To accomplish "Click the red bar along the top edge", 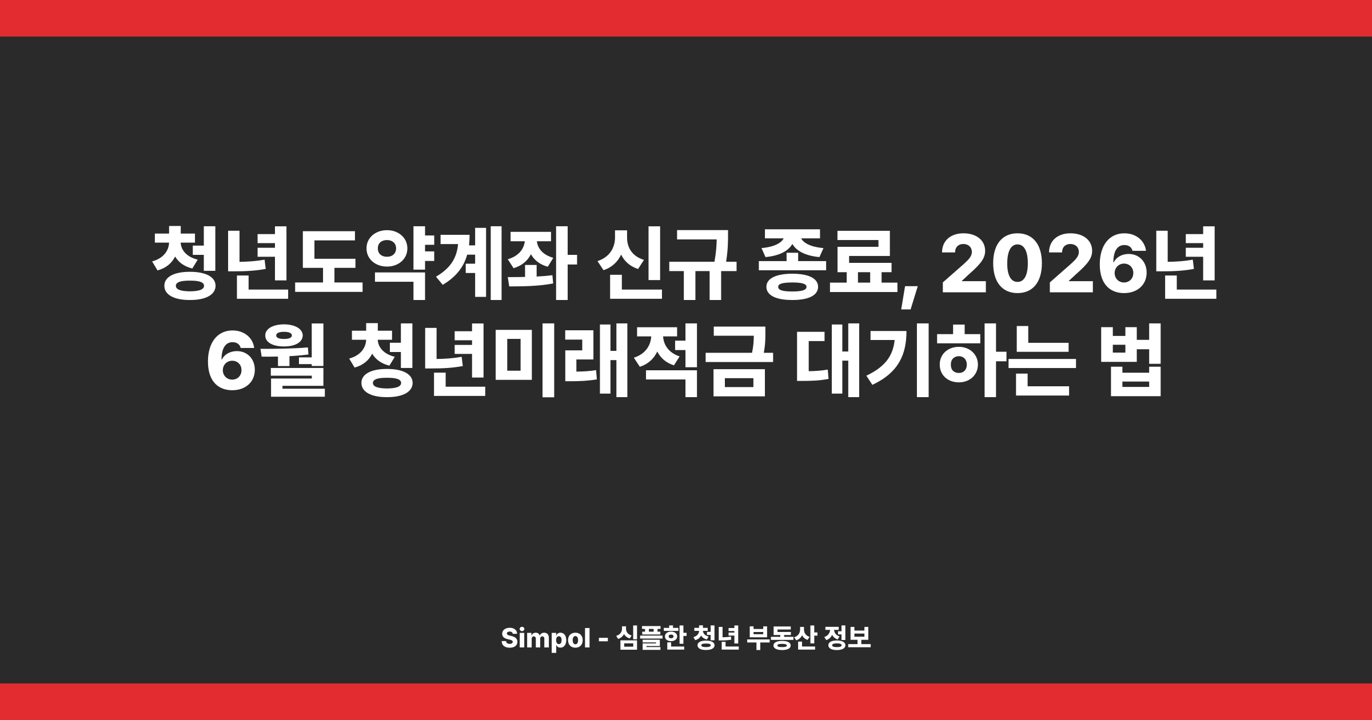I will click(686, 18).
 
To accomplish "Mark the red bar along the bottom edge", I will click(686, 702).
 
